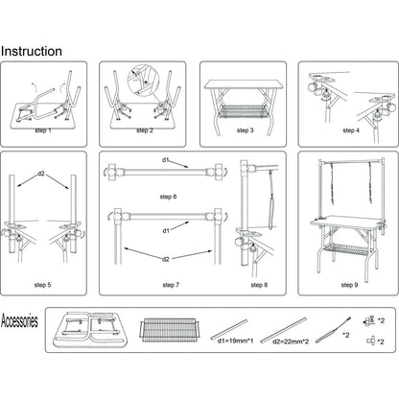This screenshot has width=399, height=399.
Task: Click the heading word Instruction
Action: click(x=32, y=51)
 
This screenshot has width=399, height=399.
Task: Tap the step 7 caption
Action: click(x=170, y=285)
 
